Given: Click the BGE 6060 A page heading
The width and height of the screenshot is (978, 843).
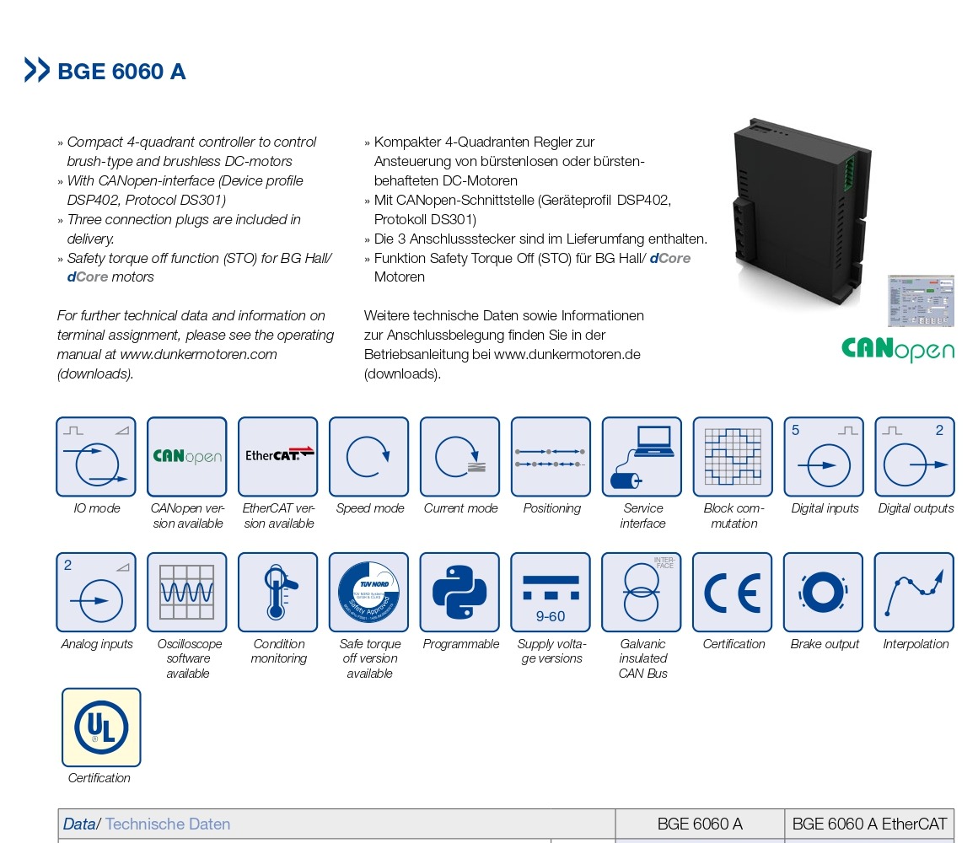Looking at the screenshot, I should pyautogui.click(x=121, y=72).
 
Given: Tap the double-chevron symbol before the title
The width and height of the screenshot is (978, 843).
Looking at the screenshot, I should pyautogui.click(x=37, y=70).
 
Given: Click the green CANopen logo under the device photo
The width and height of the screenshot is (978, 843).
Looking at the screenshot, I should pyautogui.click(x=897, y=349).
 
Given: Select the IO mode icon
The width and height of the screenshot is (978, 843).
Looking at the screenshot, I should pyautogui.click(x=96, y=457).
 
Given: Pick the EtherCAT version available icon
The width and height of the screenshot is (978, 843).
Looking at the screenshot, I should pyautogui.click(x=278, y=457).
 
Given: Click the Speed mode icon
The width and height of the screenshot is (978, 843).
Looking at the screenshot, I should pyautogui.click(x=369, y=457).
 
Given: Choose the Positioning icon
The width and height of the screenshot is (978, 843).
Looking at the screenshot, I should pyautogui.click(x=551, y=457).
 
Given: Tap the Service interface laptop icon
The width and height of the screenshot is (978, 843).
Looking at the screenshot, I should pyautogui.click(x=642, y=457).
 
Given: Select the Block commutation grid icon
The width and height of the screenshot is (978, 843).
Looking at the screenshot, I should pyautogui.click(x=733, y=457).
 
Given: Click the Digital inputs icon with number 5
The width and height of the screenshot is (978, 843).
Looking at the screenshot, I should pyautogui.click(x=824, y=457).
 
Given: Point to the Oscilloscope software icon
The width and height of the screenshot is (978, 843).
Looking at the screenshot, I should pyautogui.click(x=187, y=593).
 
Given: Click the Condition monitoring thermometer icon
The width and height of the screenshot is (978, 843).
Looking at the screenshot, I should pyautogui.click(x=278, y=593).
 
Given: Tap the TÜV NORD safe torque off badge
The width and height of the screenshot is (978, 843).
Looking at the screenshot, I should pyautogui.click(x=369, y=593).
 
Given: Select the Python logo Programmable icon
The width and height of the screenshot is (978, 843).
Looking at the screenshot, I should pyautogui.click(x=459, y=593).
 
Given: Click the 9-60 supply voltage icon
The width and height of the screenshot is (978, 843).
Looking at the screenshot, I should pyautogui.click(x=551, y=593).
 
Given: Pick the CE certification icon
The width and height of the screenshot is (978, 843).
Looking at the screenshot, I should pyautogui.click(x=733, y=593).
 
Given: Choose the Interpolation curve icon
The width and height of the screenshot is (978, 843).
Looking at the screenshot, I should pyautogui.click(x=914, y=593).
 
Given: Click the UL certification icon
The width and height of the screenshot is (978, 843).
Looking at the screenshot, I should pyautogui.click(x=101, y=728).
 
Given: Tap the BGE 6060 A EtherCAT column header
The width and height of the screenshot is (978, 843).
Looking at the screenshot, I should pyautogui.click(x=869, y=824).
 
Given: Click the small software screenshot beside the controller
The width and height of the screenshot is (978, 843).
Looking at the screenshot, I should pyautogui.click(x=921, y=301).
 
